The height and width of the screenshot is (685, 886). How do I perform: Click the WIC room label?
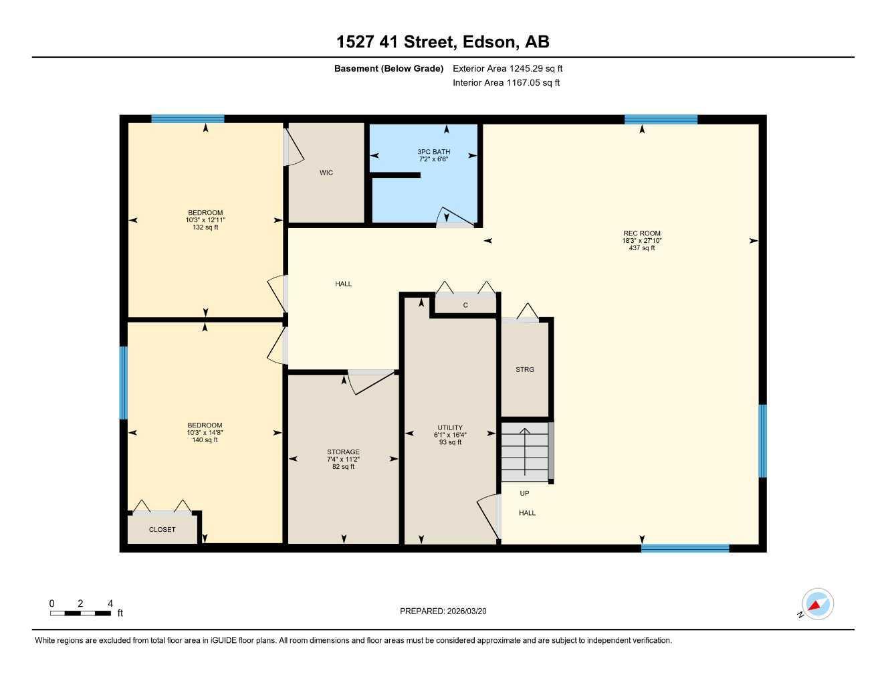(x=326, y=173)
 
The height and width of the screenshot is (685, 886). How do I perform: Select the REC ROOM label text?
(x=641, y=233)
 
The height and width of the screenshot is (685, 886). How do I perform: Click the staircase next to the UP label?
(x=525, y=451)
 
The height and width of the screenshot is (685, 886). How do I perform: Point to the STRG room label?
(x=525, y=369)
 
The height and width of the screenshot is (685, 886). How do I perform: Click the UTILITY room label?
(x=450, y=427)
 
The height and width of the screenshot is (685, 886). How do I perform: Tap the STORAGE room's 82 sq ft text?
(x=343, y=467)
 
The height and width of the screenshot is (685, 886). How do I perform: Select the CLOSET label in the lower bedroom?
(x=162, y=529)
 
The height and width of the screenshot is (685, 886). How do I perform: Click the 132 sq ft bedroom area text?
(x=205, y=227)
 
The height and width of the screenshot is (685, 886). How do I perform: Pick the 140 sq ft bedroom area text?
(x=205, y=440)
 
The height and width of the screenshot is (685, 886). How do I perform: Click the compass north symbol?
(x=816, y=605)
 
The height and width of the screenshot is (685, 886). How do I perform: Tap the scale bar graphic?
(x=80, y=613)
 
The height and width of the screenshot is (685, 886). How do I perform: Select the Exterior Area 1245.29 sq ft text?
(x=508, y=68)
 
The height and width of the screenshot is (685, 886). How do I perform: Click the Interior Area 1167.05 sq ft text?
(x=506, y=83)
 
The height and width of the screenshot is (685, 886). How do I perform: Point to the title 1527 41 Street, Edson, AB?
(x=443, y=42)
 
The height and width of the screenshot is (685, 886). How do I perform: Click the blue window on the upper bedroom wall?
(x=187, y=119)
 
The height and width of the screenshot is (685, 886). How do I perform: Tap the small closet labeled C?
(x=465, y=305)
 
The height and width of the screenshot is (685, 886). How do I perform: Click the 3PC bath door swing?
(x=453, y=217)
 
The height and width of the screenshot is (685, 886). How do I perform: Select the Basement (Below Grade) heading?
(x=389, y=68)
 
